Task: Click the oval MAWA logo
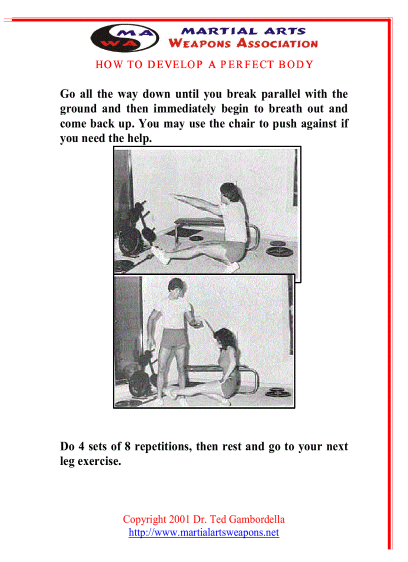pyautogui.click(x=125, y=38)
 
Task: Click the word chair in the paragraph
pyautogui.click(x=241, y=124)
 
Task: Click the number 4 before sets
pyautogui.click(x=79, y=446)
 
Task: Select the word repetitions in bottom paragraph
pyautogui.click(x=162, y=446)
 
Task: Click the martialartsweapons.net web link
pyautogui.click(x=203, y=532)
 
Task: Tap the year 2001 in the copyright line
pyautogui.click(x=180, y=519)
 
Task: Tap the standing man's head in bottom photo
pyautogui.click(x=176, y=289)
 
